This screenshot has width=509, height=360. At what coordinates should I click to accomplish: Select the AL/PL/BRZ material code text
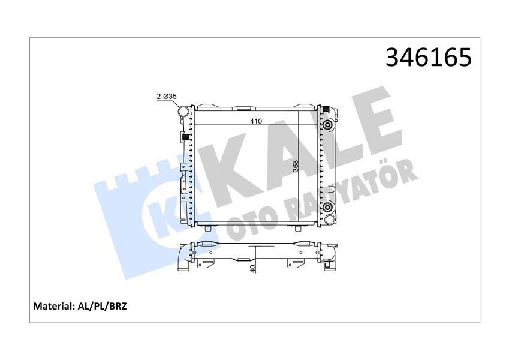coord(103,306)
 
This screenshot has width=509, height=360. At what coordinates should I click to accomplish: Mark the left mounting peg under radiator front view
coord(208,227)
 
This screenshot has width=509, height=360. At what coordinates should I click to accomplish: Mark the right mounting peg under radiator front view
coord(298,227)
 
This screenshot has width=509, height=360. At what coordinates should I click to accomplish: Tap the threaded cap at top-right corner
coord(327,109)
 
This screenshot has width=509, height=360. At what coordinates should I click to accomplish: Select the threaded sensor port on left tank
coord(185,139)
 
